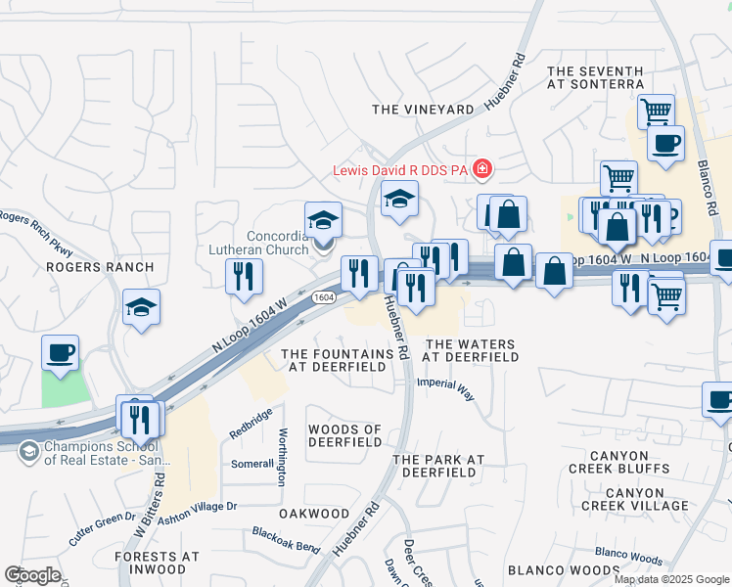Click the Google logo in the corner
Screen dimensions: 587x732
[x=32, y=575]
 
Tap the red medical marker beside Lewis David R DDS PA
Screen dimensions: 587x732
[x=481, y=170]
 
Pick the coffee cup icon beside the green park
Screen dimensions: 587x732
[x=60, y=353]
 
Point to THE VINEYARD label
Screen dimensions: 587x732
[x=422, y=110]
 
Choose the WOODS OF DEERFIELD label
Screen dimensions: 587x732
[x=344, y=436]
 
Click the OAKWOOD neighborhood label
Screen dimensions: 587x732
[x=313, y=514]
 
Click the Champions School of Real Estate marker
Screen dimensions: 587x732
[x=28, y=451]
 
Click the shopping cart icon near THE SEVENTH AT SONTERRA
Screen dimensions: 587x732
[x=655, y=110]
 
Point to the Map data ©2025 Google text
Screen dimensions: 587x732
[x=671, y=578]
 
